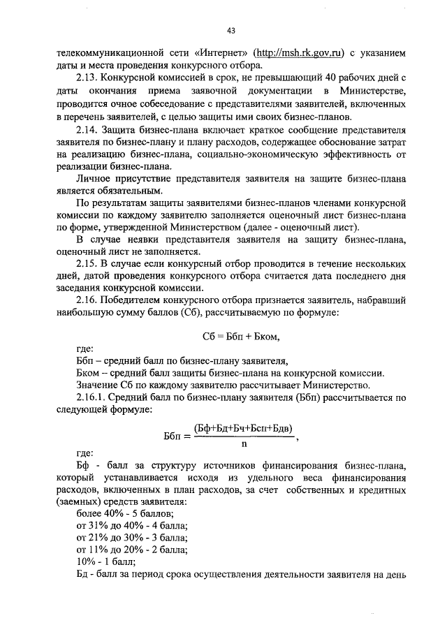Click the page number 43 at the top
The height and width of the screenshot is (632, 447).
click(230, 31)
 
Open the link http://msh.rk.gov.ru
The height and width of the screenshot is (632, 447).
click(300, 52)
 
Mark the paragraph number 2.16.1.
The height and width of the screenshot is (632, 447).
click(94, 398)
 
